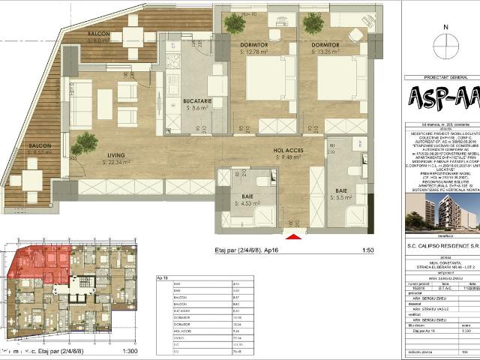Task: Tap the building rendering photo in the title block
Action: click(442, 211)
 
